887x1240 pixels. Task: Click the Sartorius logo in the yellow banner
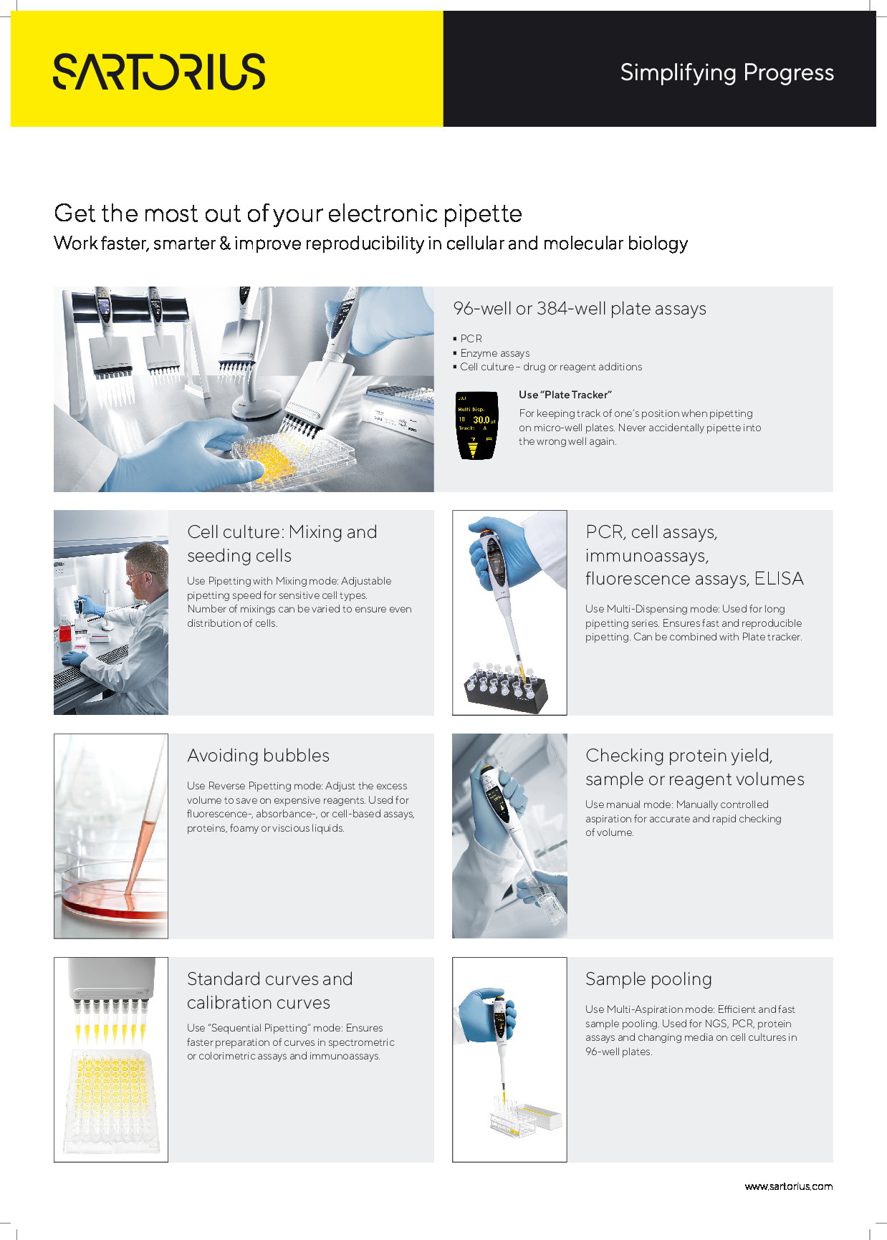point(159,72)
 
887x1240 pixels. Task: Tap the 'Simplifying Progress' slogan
point(727,72)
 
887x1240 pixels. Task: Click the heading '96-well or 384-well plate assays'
point(579,309)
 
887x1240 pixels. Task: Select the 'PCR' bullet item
point(471,339)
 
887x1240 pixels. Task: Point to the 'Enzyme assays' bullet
point(494,353)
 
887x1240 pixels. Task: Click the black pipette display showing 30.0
point(477,425)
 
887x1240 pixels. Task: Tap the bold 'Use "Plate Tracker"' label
point(565,395)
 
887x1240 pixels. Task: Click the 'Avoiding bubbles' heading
point(258,756)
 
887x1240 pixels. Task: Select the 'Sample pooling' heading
point(648,979)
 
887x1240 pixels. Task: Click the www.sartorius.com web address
point(788,1186)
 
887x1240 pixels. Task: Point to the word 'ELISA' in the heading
point(779,579)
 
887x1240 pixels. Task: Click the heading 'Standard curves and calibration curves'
point(269,991)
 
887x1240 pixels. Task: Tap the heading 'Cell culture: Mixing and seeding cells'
point(282,544)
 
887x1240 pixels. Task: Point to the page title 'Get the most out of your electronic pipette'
point(288,213)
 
